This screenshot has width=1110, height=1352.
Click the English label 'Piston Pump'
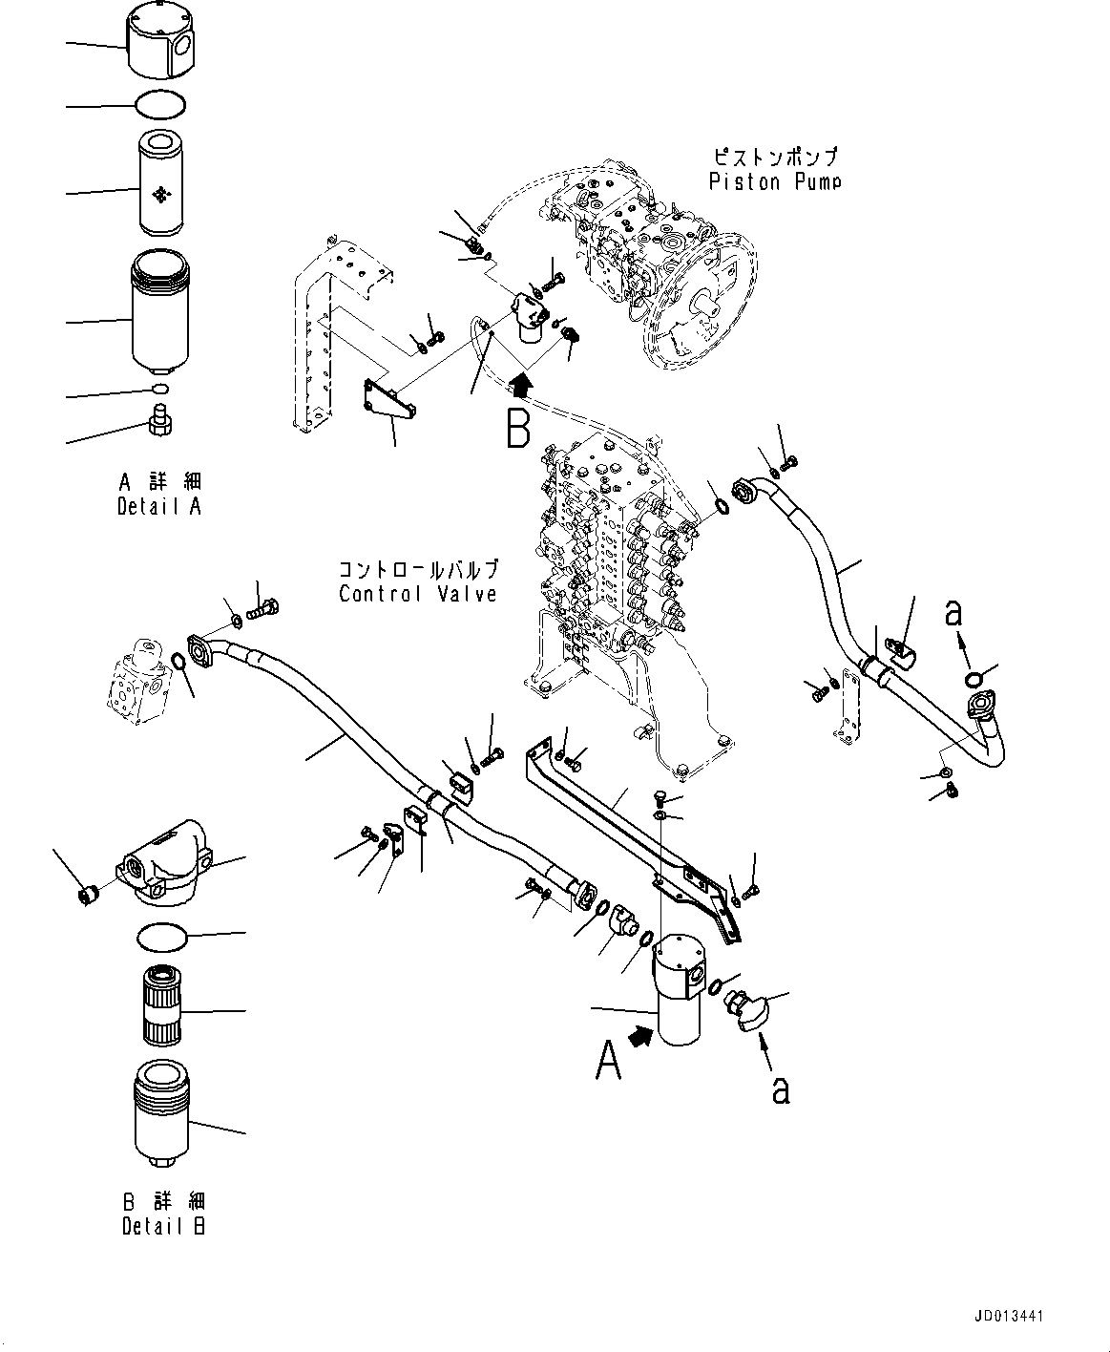tap(774, 180)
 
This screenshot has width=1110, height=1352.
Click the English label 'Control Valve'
tap(418, 594)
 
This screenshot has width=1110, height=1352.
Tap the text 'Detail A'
tap(159, 507)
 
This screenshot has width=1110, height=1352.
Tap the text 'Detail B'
tap(163, 1226)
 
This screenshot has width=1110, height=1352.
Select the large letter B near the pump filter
tap(517, 429)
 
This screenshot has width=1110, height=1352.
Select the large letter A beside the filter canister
tap(608, 1061)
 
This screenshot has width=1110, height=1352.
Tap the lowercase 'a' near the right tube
tap(953, 613)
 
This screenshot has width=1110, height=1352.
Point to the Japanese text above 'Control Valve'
tap(418, 570)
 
